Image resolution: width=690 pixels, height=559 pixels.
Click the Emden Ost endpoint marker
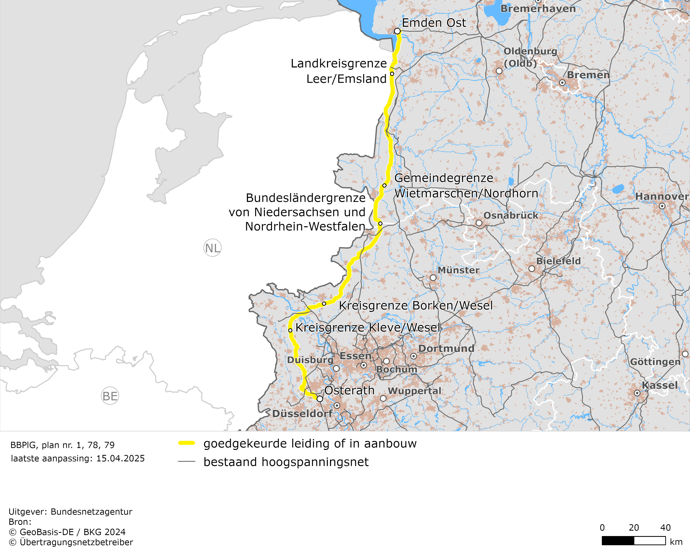397,31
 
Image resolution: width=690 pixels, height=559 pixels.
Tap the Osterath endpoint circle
320,399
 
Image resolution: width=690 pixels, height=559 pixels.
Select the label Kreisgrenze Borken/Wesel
416,306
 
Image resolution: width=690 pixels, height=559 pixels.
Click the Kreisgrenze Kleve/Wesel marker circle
290,330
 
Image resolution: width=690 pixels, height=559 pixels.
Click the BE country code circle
110,396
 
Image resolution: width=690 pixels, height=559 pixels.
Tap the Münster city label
458,270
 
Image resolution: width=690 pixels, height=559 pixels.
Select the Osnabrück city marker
479,223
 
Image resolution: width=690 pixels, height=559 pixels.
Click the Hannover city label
662,196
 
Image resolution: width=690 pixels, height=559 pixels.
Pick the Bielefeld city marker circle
532,269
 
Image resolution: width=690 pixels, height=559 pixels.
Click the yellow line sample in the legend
187,443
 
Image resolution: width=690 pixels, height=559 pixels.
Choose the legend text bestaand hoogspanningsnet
286,462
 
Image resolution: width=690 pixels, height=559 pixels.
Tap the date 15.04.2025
120,458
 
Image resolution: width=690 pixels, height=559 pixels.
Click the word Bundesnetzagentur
91,512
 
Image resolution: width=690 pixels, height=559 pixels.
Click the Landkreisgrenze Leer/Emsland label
339,71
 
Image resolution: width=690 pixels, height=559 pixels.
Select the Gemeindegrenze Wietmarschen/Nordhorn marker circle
384,185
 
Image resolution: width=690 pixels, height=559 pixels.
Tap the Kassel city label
659,385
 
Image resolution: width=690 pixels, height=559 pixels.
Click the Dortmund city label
446,348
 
